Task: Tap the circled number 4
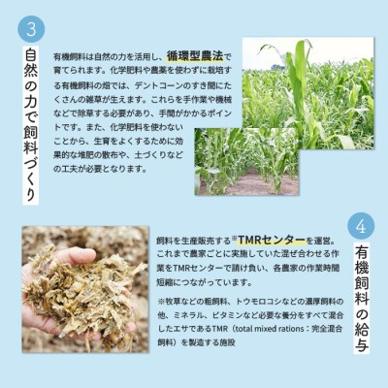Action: tap(359, 226)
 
